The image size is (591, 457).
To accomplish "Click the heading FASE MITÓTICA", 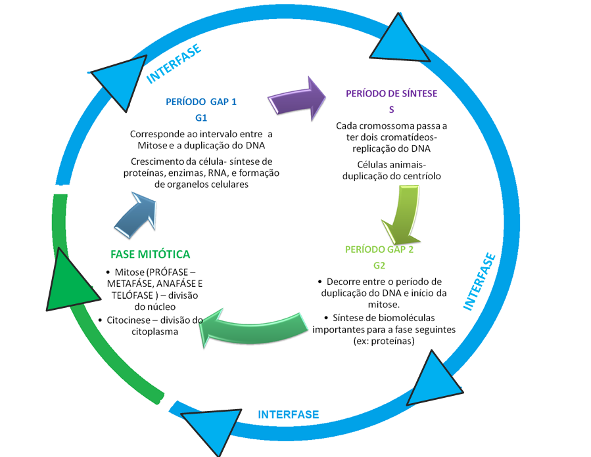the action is click(151, 255).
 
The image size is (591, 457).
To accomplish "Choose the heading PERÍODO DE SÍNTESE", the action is click(392, 93).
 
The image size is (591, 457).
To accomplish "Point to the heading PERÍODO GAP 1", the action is click(201, 102).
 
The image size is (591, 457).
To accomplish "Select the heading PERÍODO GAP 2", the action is click(379, 250).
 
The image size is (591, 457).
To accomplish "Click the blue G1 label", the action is click(201, 118).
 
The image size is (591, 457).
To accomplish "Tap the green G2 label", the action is click(379, 266).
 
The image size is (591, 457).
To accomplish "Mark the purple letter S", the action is click(392, 110).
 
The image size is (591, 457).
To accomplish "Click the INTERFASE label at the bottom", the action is click(289, 414).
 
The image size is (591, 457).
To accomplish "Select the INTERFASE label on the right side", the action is click(479, 282).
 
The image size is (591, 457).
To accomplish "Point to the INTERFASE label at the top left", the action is click(174, 64).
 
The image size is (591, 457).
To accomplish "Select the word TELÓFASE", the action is click(132, 295).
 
